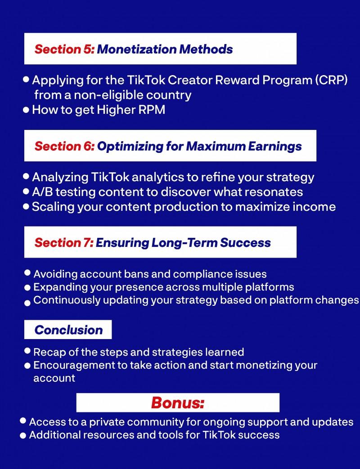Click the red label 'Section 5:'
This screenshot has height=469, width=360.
64,49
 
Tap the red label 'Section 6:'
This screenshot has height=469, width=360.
64,146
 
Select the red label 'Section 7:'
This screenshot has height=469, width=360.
64,243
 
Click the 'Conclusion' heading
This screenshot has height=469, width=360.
68,330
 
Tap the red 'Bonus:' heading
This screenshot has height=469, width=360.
178,402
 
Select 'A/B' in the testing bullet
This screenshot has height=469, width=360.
42,192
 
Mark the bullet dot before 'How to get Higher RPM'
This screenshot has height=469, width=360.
26,110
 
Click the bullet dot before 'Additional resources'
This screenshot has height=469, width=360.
23,435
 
